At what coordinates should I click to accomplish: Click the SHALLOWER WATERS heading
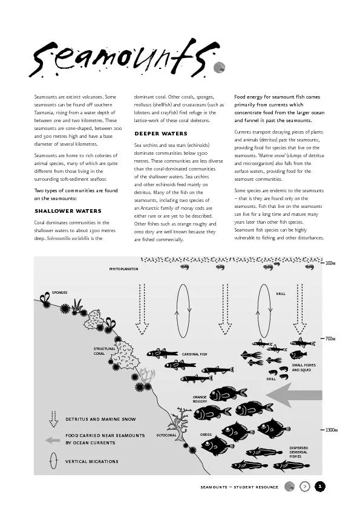click(x=68, y=211)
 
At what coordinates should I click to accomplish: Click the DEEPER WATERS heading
click(x=161, y=134)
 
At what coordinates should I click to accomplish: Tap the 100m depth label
click(x=330, y=263)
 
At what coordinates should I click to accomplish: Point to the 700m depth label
click(x=330, y=339)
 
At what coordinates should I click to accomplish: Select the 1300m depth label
click(x=332, y=430)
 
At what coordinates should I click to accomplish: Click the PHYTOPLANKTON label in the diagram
click(x=123, y=269)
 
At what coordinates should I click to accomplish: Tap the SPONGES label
click(x=59, y=293)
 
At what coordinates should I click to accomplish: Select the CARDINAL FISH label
click(x=194, y=354)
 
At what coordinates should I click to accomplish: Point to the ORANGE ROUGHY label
click(x=200, y=399)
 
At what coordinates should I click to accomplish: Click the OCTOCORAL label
click(x=166, y=435)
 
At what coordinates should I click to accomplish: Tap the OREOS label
click(x=206, y=435)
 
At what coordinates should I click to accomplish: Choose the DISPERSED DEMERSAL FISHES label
click(x=299, y=452)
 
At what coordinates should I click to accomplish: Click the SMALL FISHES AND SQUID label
click(x=304, y=368)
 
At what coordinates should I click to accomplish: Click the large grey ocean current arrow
click(x=294, y=395)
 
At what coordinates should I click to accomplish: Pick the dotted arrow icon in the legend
click(x=54, y=419)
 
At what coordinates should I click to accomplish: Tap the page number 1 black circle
click(x=320, y=487)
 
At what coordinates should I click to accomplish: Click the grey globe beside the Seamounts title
click(x=219, y=68)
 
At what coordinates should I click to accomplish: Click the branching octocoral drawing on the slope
click(x=180, y=424)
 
